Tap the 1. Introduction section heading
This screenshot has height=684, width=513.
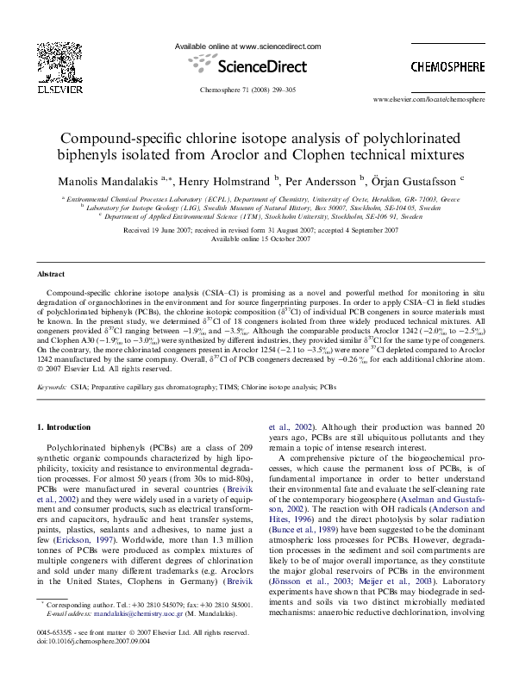point(67,427)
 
